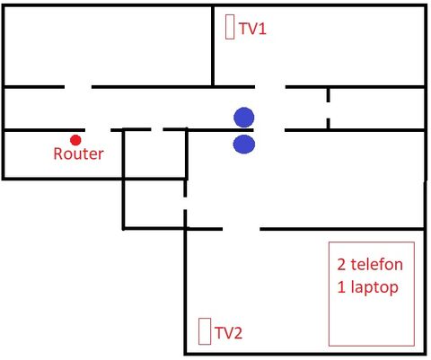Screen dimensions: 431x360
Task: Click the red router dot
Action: (75, 140)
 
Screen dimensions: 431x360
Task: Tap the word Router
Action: (78, 154)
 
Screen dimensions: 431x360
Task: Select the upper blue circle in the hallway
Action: (244, 118)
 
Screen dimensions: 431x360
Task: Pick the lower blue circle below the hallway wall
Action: (244, 145)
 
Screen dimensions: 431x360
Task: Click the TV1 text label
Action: (252, 29)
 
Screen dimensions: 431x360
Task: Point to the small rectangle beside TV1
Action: (230, 27)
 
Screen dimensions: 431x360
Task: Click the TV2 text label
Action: (228, 333)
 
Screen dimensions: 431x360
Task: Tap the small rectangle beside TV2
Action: (205, 331)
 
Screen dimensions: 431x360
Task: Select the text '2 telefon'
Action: (370, 265)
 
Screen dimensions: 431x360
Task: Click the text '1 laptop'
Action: (368, 287)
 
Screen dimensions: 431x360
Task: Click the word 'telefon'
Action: (376, 265)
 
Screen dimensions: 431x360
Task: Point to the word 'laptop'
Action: (374, 287)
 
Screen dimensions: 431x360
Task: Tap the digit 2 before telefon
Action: (341, 265)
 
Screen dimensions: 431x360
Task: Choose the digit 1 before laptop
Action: (341, 287)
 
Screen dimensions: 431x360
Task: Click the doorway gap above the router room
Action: (98, 130)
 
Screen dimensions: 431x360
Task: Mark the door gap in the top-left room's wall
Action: (78, 87)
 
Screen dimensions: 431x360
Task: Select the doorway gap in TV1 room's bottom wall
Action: (270, 87)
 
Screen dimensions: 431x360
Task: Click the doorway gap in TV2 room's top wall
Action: (242, 229)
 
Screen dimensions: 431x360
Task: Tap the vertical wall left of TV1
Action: (213, 46)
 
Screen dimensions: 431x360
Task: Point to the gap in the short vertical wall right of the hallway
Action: (329, 110)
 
